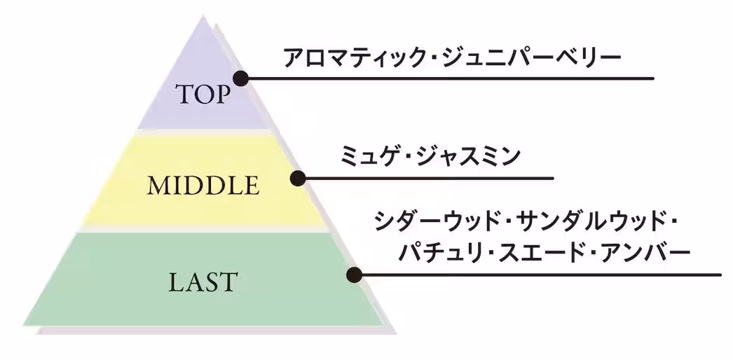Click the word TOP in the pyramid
click(x=202, y=94)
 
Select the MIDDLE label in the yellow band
click(x=203, y=186)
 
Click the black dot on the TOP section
click(x=240, y=78)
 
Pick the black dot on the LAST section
click(x=355, y=275)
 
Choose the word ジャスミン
click(x=474, y=155)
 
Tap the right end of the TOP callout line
click(x=653, y=78)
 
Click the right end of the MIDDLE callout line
click(x=553, y=178)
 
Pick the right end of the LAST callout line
click(x=720, y=275)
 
